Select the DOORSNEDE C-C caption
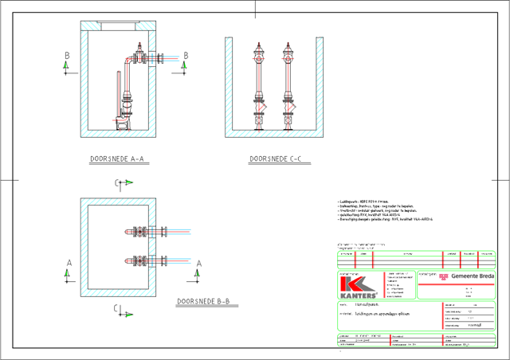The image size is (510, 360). [x=274, y=160]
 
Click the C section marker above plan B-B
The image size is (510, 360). [x=120, y=185]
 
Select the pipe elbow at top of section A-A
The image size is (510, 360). [x=130, y=62]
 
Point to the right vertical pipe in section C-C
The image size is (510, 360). [x=288, y=84]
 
